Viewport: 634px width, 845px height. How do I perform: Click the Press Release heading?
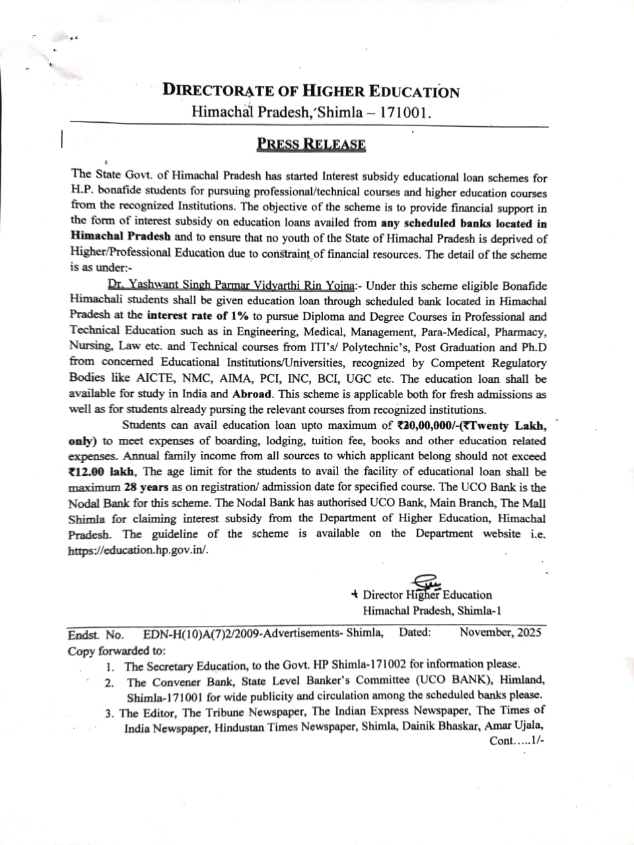pos(311,144)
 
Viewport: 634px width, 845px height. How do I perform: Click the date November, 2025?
pos(500,632)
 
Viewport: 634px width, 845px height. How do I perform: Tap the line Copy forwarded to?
pos(117,650)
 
